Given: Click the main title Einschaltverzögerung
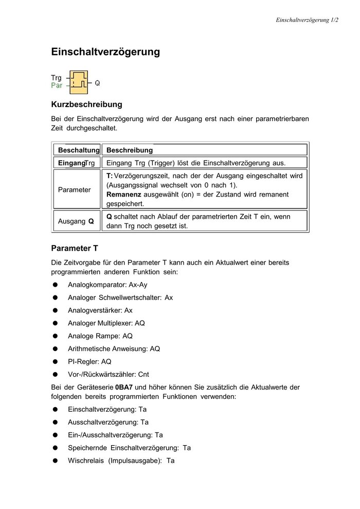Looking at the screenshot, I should coord(105,52).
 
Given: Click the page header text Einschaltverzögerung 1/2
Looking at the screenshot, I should coord(307,20).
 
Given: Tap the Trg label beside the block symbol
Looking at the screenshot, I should coord(57,78).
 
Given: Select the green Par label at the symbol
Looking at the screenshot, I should coord(57,85).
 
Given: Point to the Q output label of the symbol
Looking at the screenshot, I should coord(97,82).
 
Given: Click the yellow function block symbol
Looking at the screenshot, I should coord(79,82).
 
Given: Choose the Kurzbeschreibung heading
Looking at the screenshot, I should coord(86,104).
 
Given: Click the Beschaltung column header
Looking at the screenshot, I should coord(78,150).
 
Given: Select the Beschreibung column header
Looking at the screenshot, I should coord(129,150).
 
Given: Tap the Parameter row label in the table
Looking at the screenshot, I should coord(74,189).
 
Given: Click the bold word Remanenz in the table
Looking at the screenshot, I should coord(124,195).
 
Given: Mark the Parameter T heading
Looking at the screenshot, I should coord(75,248).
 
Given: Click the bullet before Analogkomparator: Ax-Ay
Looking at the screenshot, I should coord(55,285).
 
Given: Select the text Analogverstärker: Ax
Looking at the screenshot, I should coord(100,310).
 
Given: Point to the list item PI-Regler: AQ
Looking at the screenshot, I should coord(89,362).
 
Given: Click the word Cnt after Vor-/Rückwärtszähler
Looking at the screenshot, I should coord(144,375).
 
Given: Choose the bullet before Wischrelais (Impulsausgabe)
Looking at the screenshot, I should coord(55,461).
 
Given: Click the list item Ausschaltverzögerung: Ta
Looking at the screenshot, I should coord(108,422).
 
